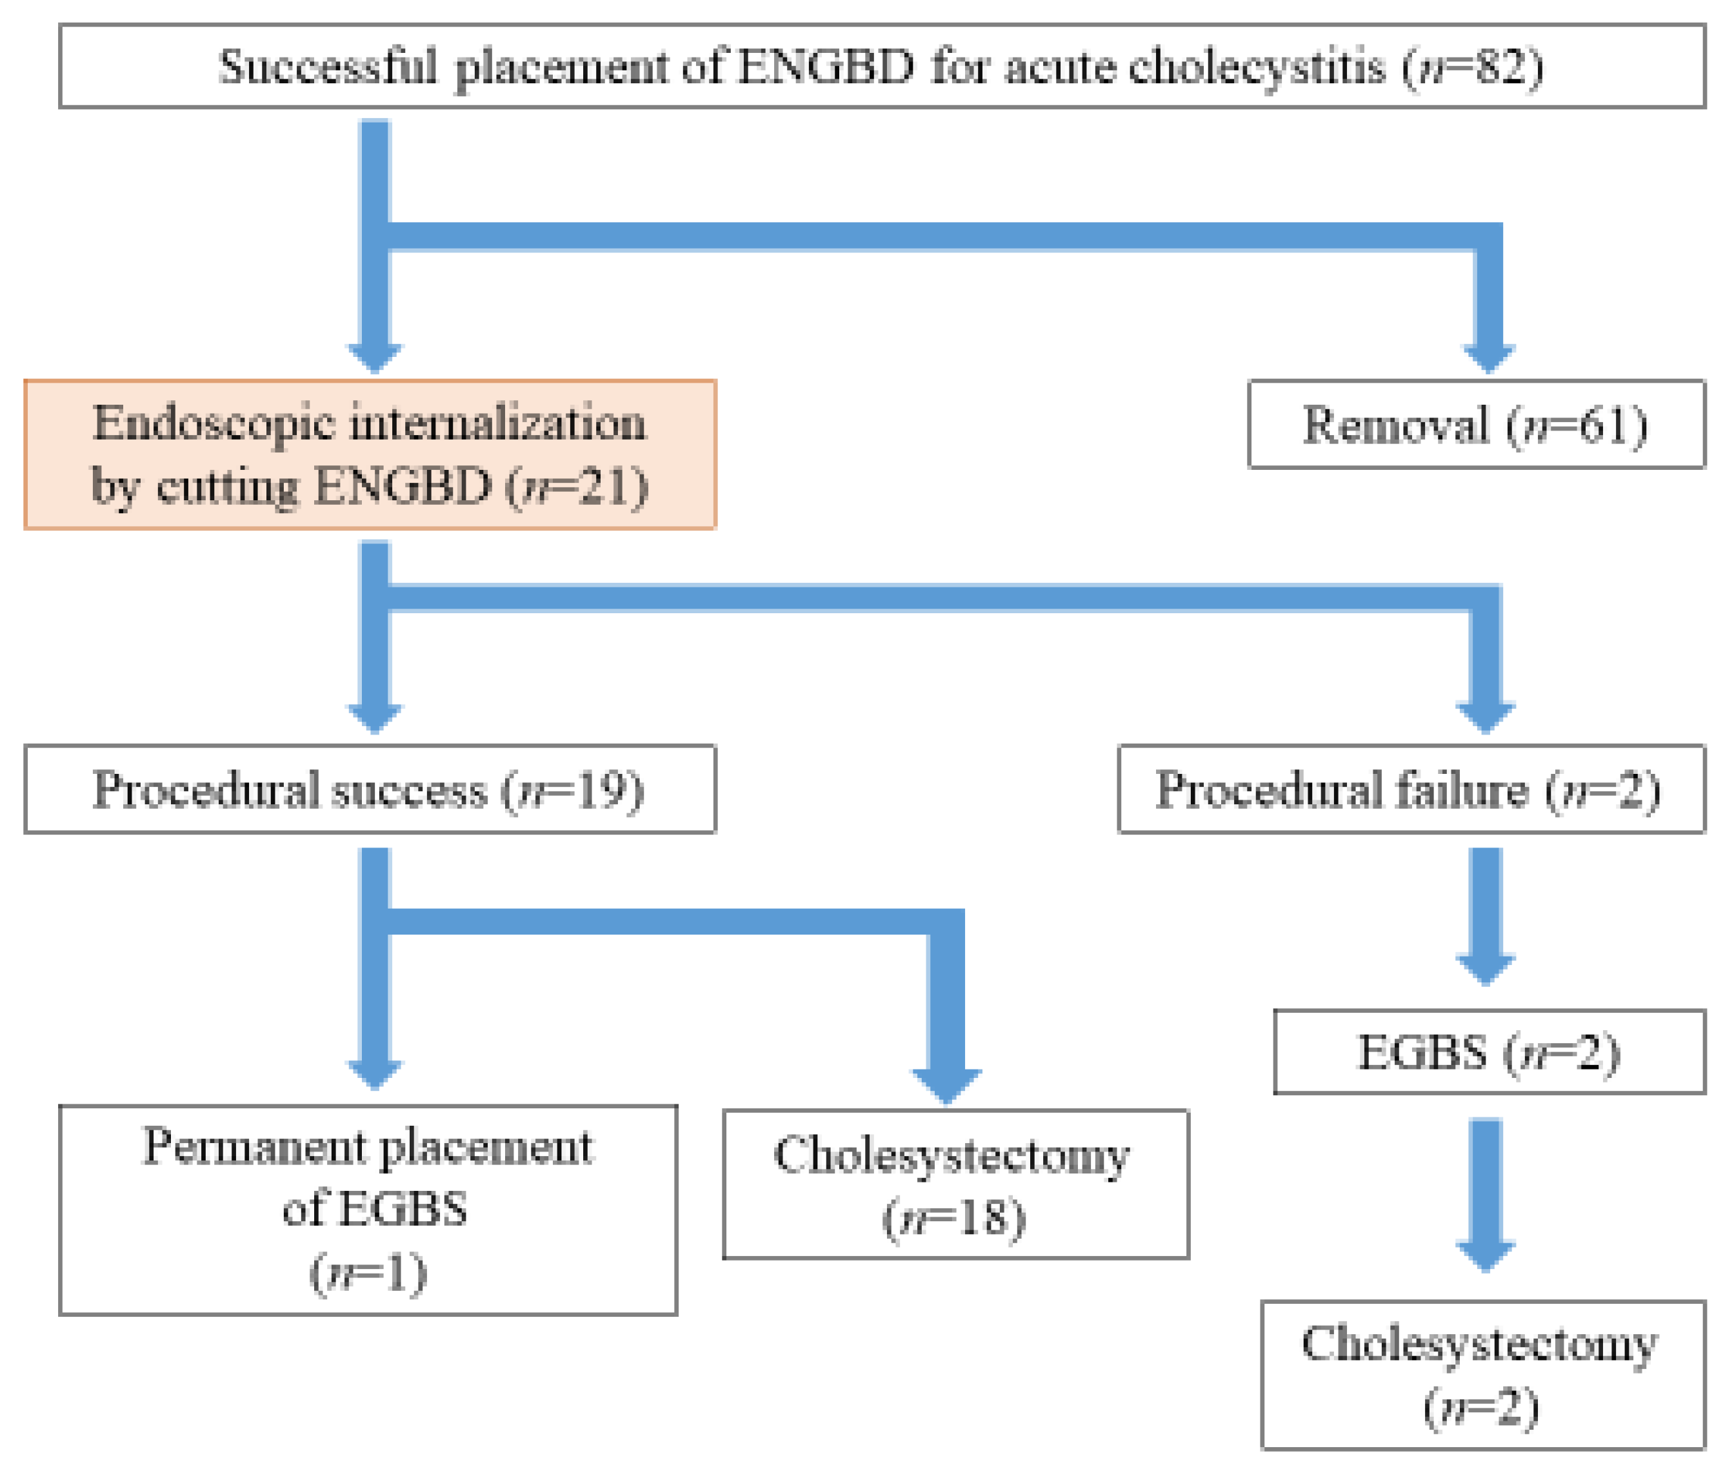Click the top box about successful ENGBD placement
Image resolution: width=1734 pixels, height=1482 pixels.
pyautogui.click(x=882, y=66)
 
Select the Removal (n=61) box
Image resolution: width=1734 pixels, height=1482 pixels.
pyautogui.click(x=1476, y=425)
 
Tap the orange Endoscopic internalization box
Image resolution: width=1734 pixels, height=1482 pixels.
pyautogui.click(x=370, y=454)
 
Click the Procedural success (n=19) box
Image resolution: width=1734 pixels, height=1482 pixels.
pyautogui.click(x=370, y=789)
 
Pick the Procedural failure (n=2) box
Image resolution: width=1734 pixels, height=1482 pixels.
pyautogui.click(x=1411, y=789)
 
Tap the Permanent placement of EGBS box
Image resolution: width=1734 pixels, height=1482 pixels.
pyautogui.click(x=368, y=1210)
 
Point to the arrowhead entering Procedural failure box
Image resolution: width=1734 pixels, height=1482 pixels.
pyautogui.click(x=1486, y=718)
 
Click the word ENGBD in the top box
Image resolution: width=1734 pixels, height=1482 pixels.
pyautogui.click(x=825, y=66)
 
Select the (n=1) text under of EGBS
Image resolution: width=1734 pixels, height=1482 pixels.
pyautogui.click(x=368, y=1274)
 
